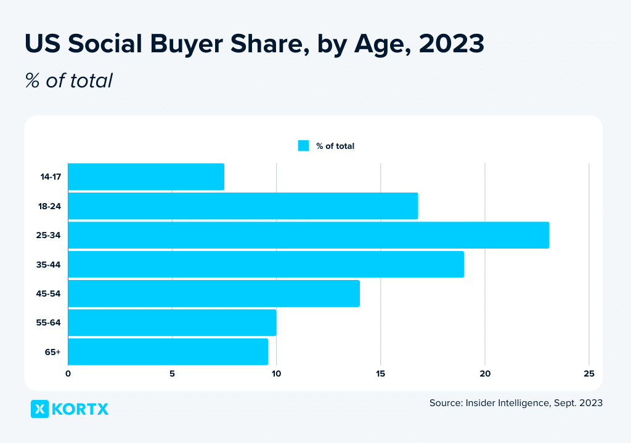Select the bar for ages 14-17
(x=146, y=177)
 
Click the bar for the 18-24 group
(x=243, y=206)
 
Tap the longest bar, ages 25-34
(x=308, y=235)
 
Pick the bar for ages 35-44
(x=266, y=265)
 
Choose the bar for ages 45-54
(x=214, y=293)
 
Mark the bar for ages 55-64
(x=172, y=322)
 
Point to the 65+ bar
(x=168, y=352)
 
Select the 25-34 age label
(x=49, y=236)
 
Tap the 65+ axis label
(x=53, y=353)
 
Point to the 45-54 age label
(x=49, y=294)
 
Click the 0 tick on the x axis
(x=68, y=373)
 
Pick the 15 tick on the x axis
(x=381, y=373)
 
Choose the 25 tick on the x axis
(x=589, y=373)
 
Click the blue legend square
(x=303, y=146)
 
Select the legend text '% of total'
(x=335, y=146)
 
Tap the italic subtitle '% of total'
(x=68, y=80)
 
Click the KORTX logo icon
(x=39, y=409)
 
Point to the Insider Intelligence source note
(x=516, y=403)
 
